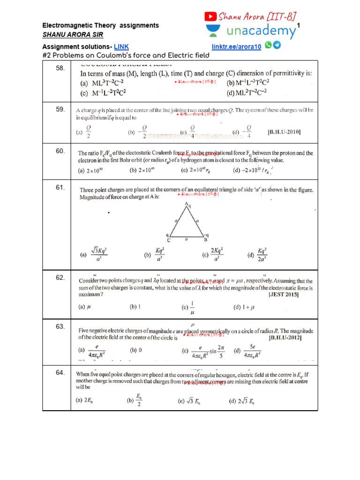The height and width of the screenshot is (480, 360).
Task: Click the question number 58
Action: point(60,68)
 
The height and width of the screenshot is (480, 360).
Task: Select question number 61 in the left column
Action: point(60,187)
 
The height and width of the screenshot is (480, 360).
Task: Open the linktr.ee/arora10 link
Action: point(237,47)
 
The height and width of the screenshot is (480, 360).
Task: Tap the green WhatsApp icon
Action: point(268,45)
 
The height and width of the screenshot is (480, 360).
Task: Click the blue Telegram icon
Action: point(277,45)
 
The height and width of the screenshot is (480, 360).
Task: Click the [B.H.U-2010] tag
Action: point(284,132)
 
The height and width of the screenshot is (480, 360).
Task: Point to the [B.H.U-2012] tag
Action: point(285,337)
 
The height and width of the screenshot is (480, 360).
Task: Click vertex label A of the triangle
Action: point(186,204)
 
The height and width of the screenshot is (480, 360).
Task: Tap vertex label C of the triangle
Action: point(169,240)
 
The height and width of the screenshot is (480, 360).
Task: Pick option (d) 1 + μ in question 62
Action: point(244,307)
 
